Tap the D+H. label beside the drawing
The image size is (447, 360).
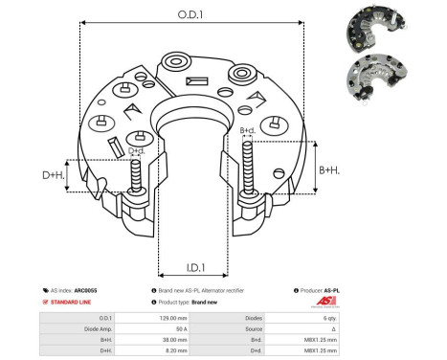point(55,176)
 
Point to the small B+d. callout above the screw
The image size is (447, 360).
point(247,130)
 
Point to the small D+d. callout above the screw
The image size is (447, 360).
point(136,150)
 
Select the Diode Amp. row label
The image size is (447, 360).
point(99,327)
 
